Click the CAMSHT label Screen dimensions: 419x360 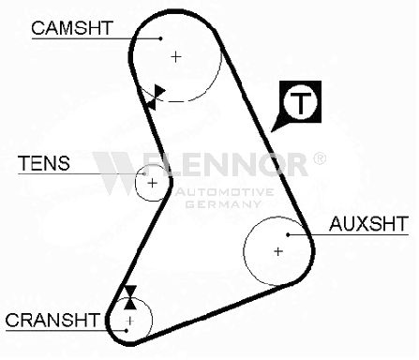click(71, 28)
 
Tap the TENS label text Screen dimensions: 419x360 click(44, 163)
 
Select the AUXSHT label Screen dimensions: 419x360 click(368, 223)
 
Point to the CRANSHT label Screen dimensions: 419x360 click(52, 320)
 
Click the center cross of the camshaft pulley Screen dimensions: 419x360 click(176, 57)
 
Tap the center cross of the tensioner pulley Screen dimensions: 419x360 click(152, 183)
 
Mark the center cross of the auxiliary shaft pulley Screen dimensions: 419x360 click(278, 251)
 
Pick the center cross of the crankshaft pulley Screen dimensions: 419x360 click(129, 321)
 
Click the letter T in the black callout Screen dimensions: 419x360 click(300, 102)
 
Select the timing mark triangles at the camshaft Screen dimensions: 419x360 click(156, 97)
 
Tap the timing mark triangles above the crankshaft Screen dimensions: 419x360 click(130, 297)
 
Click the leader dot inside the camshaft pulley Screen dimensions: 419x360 click(160, 38)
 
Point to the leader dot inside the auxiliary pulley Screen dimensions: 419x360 click(288, 234)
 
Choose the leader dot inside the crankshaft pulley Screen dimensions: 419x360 click(127, 330)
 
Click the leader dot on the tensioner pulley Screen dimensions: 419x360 click(144, 173)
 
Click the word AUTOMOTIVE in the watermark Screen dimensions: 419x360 click(224, 192)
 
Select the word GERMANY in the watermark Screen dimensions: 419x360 click(223, 204)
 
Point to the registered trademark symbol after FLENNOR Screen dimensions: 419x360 click(319, 158)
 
